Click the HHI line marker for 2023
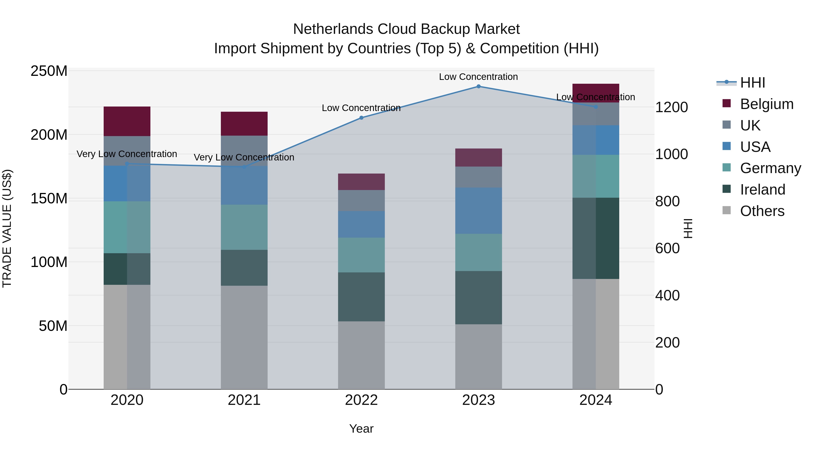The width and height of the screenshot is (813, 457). coord(479,86)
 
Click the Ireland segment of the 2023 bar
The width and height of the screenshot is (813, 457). coord(479,297)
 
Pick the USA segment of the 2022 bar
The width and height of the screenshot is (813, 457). coord(361,224)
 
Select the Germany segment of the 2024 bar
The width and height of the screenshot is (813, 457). coord(596,176)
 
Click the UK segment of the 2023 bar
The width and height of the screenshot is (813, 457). coord(479,177)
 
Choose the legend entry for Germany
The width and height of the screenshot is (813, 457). coord(770,168)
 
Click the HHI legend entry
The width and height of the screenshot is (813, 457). coord(752,83)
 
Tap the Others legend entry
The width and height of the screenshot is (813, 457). coord(762,211)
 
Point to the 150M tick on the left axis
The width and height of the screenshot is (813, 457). coord(49,198)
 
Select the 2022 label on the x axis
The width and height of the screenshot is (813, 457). coord(361,400)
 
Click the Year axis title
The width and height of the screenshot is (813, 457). coord(361,429)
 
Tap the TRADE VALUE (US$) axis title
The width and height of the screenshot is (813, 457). coord(7,228)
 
